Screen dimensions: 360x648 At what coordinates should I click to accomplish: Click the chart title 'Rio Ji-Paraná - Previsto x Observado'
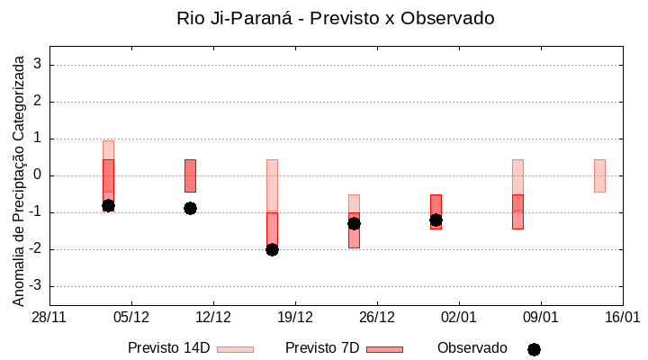click(x=336, y=18)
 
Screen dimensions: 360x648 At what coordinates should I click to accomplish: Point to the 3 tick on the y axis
click(x=38, y=65)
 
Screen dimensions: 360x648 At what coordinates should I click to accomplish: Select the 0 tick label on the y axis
click(x=38, y=175)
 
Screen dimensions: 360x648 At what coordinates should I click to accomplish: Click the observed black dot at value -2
click(x=272, y=249)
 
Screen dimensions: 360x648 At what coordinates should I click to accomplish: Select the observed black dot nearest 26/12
click(x=354, y=223)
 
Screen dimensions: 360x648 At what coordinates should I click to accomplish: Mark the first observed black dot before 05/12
click(x=108, y=205)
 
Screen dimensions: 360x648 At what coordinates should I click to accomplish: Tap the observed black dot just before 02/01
click(x=436, y=220)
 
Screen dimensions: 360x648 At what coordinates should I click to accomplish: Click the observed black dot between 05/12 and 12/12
click(x=190, y=208)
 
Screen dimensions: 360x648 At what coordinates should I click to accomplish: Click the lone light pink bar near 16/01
click(x=599, y=175)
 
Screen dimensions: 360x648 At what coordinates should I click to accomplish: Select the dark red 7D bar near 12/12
click(x=190, y=175)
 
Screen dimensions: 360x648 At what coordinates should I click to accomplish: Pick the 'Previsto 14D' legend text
click(x=168, y=348)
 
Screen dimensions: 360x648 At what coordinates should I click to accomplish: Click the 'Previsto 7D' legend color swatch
click(x=384, y=349)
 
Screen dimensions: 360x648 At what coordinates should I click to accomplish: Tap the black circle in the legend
click(x=534, y=349)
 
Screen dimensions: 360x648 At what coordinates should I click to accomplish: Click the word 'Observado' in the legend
click(x=472, y=348)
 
